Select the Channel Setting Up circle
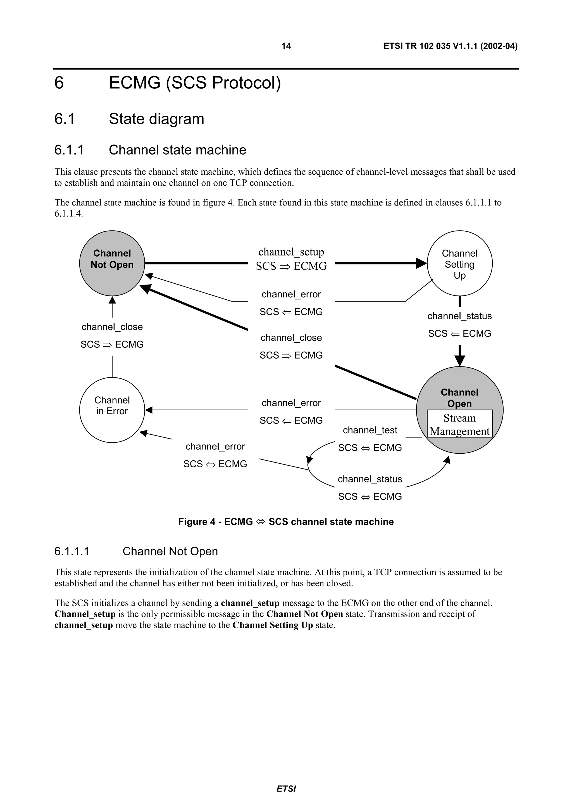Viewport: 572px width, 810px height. [459, 264]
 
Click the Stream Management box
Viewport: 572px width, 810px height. [459, 424]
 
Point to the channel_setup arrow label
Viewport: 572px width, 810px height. [291, 252]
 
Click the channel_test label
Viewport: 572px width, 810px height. [370, 430]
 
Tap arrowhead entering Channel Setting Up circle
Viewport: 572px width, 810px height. [421, 263]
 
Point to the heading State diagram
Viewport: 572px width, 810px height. [156, 119]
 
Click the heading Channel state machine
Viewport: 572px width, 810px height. [177, 150]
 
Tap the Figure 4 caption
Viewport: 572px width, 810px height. [286, 522]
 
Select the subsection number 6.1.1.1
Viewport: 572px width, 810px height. [72, 551]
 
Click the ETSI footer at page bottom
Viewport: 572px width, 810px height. [286, 788]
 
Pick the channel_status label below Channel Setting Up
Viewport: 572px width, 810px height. [459, 316]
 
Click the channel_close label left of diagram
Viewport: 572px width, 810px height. [112, 327]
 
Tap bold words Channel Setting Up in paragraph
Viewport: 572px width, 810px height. [272, 625]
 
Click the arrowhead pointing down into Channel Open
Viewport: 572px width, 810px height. [459, 361]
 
